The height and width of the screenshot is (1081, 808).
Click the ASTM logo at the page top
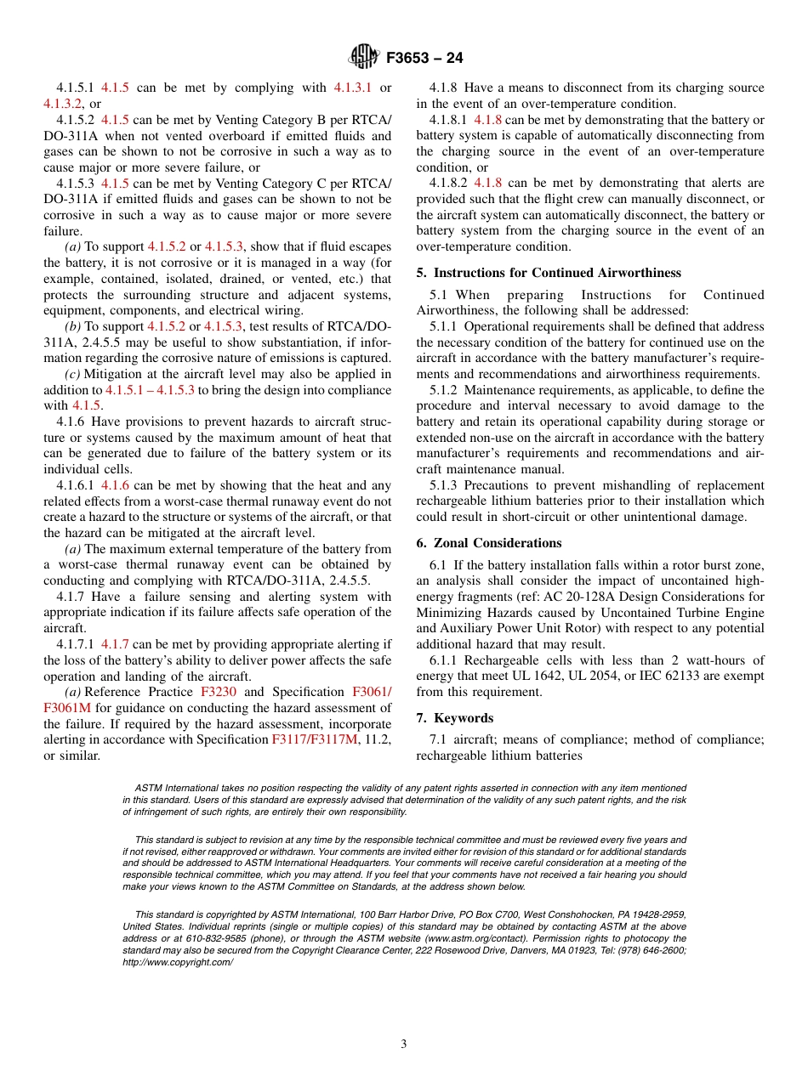[363, 58]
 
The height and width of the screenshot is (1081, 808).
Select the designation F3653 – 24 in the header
[424, 59]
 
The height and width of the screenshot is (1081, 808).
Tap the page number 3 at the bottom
[404, 1044]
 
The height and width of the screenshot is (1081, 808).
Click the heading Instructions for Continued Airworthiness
[557, 273]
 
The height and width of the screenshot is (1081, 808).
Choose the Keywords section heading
[464, 718]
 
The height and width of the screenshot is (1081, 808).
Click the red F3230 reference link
[218, 693]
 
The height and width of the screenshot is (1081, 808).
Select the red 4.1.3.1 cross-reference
[352, 88]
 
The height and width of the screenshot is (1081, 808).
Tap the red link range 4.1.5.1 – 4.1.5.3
[150, 390]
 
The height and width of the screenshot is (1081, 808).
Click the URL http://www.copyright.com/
[178, 962]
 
